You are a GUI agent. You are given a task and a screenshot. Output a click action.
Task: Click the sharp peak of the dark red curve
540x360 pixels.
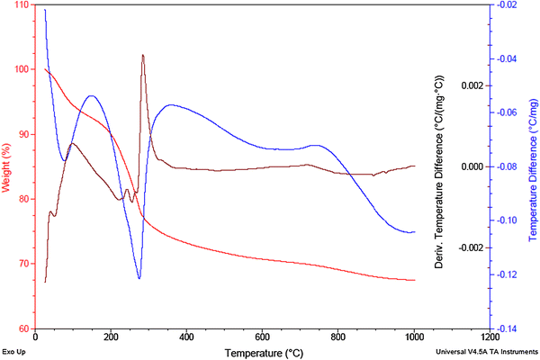pyautogui.click(x=142, y=56)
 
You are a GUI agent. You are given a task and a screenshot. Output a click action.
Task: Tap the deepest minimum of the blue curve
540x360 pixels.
pyautogui.click(x=139, y=278)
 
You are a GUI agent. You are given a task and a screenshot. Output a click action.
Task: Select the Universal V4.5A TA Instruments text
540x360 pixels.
pyautogui.click(x=485, y=352)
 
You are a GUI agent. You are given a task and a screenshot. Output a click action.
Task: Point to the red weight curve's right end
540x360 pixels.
pyautogui.click(x=414, y=280)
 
